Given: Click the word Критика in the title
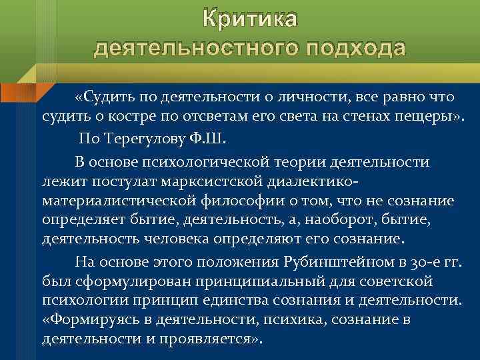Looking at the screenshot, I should [x=250, y=19].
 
